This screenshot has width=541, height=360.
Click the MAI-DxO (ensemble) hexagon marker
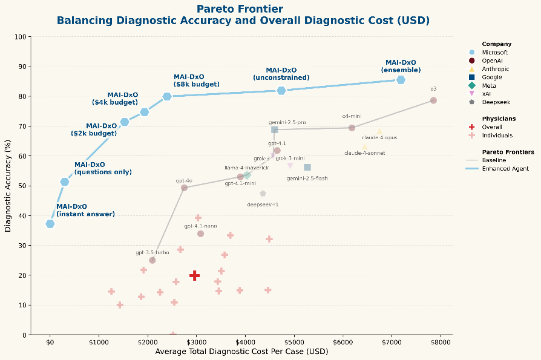pyautogui.click(x=401, y=80)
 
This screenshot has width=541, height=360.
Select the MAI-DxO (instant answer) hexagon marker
pyautogui.click(x=50, y=224)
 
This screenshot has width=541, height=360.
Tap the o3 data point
pyautogui.click(x=433, y=100)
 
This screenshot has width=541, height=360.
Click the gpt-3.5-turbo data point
pyautogui.click(x=152, y=260)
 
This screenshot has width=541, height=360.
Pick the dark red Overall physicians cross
pyautogui.click(x=195, y=275)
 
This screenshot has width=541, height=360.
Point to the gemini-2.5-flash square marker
pyautogui.click(x=307, y=167)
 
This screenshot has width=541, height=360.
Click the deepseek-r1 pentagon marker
pyautogui.click(x=263, y=194)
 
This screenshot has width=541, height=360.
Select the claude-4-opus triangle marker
pyautogui.click(x=379, y=131)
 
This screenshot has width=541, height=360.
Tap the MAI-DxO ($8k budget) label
pyautogui.click(x=189, y=80)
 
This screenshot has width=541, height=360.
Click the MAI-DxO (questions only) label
pyautogui.click(x=103, y=168)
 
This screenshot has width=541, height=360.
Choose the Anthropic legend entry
pyautogui.click(x=495, y=69)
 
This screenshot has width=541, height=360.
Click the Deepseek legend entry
pyautogui.click(x=495, y=102)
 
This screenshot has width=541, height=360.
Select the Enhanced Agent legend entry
pyautogui.click(x=505, y=168)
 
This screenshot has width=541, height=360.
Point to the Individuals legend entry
pyautogui.click(x=497, y=136)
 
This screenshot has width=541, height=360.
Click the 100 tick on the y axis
pyautogui.click(x=22, y=37)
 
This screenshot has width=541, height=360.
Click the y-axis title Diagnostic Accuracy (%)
pyautogui.click(x=8, y=186)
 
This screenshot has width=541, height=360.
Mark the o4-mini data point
pyautogui.click(x=352, y=128)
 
